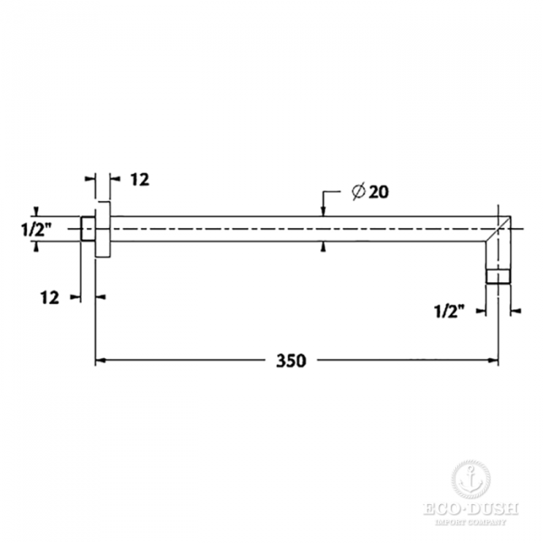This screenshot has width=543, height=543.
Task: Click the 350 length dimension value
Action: (x=291, y=360)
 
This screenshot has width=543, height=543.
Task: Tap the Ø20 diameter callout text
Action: (x=370, y=192)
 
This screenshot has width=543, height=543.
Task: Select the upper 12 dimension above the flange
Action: (x=140, y=179)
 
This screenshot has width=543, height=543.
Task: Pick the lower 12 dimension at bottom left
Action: (x=50, y=298)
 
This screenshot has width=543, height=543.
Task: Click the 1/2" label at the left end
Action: (x=36, y=229)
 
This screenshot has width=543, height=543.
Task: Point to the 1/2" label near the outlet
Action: (x=450, y=311)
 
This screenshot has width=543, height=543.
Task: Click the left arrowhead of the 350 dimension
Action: (x=100, y=360)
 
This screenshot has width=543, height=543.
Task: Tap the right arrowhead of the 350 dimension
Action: (x=493, y=360)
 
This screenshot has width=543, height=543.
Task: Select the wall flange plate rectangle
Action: (x=103, y=229)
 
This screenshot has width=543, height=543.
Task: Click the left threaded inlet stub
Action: (x=88, y=229)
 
